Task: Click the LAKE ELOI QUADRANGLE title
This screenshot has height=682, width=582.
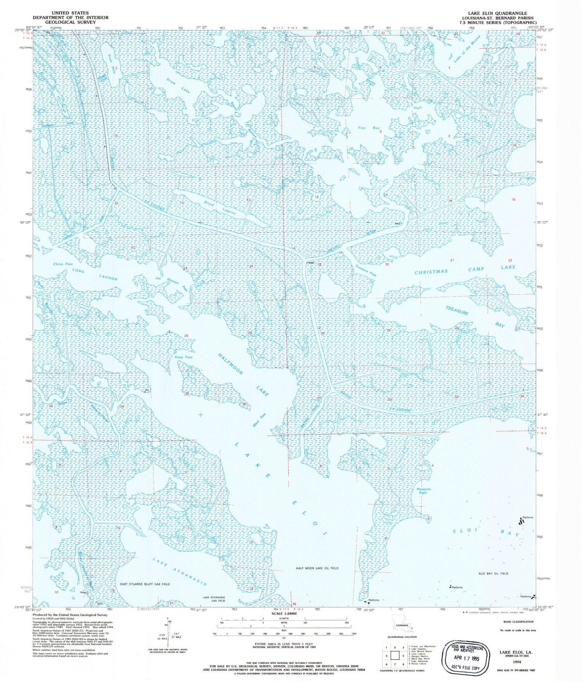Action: (x=497, y=13)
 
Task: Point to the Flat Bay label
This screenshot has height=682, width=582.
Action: (x=369, y=128)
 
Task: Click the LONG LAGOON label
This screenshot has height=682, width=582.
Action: (x=95, y=274)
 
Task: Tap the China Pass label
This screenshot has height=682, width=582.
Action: (x=63, y=264)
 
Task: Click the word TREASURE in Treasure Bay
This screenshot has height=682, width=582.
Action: (x=457, y=310)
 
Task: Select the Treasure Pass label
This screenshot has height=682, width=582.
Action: (x=366, y=271)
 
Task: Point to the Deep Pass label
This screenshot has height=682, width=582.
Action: (x=183, y=357)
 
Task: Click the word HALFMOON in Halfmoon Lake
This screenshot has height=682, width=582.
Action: (x=230, y=364)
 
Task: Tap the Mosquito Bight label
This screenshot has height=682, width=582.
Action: (x=423, y=491)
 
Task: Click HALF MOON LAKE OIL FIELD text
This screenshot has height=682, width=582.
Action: (x=317, y=568)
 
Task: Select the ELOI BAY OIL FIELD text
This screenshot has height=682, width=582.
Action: (x=493, y=573)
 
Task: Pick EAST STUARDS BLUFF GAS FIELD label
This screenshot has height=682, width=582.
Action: (x=145, y=584)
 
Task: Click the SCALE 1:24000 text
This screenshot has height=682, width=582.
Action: (x=284, y=614)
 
